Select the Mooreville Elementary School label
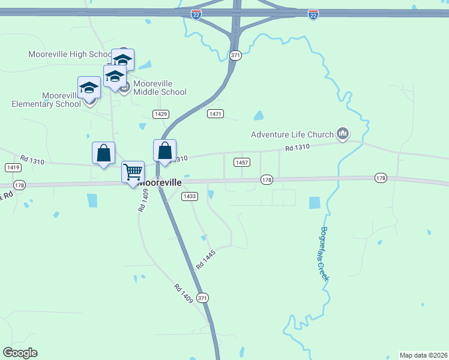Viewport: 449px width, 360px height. (x=46, y=100)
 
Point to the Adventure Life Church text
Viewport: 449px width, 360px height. (x=292, y=134)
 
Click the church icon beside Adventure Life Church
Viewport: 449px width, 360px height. (x=343, y=133)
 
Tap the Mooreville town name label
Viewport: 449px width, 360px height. (x=160, y=182)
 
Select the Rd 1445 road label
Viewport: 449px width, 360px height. (x=205, y=259)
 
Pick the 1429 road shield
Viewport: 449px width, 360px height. (x=160, y=113)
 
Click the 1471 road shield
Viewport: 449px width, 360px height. (x=215, y=113)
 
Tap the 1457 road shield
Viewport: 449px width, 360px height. (x=242, y=163)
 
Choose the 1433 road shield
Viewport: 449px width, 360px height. (x=190, y=196)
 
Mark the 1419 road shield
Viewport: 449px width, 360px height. (x=13, y=167)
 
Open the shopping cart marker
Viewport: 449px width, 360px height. (x=133, y=173)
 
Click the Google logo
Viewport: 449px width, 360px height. (x=20, y=353)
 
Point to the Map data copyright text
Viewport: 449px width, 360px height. (x=424, y=355)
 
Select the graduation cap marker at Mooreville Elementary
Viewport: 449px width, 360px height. (x=89, y=88)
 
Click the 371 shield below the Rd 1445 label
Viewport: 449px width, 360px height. (x=203, y=298)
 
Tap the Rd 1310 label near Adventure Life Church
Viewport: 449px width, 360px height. (x=297, y=147)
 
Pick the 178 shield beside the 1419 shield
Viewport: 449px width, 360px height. (x=20, y=185)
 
